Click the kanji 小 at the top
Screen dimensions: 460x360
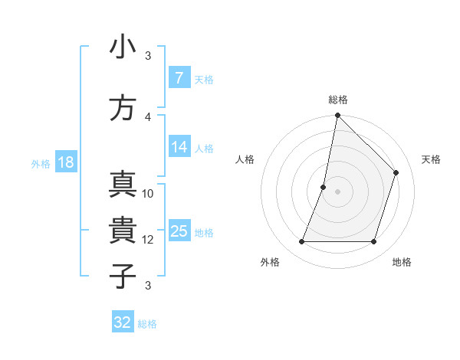(x=123, y=47)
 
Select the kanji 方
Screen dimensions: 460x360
(x=123, y=108)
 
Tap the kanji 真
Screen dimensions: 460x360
(x=123, y=185)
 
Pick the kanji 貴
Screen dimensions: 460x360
(x=123, y=231)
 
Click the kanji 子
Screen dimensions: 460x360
(x=123, y=276)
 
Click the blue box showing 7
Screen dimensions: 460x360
(x=179, y=78)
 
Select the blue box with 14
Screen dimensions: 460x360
(x=179, y=147)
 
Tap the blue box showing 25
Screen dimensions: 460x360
(x=179, y=231)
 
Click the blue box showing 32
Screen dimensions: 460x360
(x=123, y=322)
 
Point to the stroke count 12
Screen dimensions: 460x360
(x=148, y=240)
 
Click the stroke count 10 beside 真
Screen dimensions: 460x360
(x=148, y=194)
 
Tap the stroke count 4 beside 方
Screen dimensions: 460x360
(x=148, y=116)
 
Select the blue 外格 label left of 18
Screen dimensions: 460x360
(x=40, y=163)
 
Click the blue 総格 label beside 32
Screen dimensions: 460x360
(x=147, y=324)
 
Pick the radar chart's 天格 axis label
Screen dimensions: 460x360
(x=432, y=159)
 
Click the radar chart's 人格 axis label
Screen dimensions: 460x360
(x=245, y=159)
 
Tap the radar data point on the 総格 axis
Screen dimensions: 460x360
(x=337, y=115)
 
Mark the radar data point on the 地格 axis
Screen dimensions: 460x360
(x=374, y=242)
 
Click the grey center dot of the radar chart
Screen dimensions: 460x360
(x=337, y=191)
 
